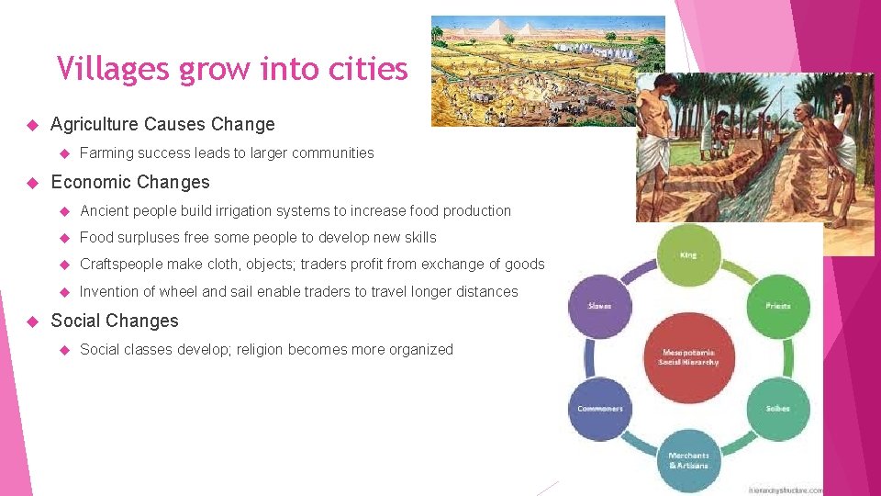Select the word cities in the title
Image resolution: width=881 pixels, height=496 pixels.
[372, 68]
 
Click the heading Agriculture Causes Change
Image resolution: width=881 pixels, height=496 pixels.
[162, 124]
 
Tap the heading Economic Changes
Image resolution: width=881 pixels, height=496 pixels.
[130, 182]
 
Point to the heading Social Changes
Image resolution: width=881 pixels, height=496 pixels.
[115, 321]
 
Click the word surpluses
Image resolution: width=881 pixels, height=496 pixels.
[150, 237]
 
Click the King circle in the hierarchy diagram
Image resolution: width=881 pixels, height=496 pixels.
[688, 254]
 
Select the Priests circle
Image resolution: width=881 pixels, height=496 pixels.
[777, 306]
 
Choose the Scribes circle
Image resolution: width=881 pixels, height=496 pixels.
[777, 408]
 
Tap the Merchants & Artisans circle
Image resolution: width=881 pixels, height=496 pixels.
[688, 459]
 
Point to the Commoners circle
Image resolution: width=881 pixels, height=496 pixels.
[600, 408]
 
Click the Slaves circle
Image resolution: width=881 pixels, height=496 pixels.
[600, 306]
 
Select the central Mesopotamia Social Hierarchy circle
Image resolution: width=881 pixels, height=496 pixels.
[688, 356]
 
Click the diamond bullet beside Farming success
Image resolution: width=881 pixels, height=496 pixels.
[65, 153]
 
